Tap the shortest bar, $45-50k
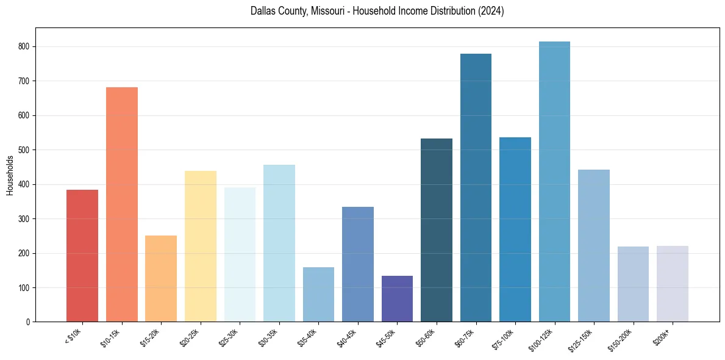pyautogui.click(x=397, y=298)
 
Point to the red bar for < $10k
pyautogui.click(x=82, y=256)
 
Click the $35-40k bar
pyautogui.click(x=318, y=294)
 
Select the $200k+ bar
pyautogui.click(x=673, y=284)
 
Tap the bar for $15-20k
pyautogui.click(x=161, y=278)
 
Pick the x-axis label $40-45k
pyautogui.click(x=348, y=337)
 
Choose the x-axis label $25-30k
pyautogui.click(x=230, y=337)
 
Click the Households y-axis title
pyautogui.click(x=10, y=175)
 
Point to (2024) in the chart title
pyautogui.click(x=491, y=11)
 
